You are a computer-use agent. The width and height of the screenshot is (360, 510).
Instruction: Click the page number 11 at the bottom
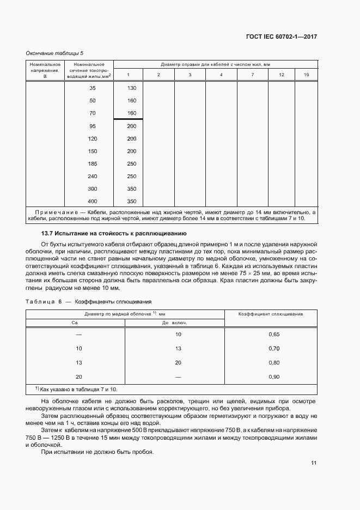pyautogui.click(x=314, y=463)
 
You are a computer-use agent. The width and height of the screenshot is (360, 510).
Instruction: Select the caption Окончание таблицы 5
pyautogui.click(x=54, y=53)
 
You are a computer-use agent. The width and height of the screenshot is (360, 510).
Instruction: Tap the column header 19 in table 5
pyautogui.click(x=306, y=75)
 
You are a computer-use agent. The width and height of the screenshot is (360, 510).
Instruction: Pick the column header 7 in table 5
pyautogui.click(x=253, y=75)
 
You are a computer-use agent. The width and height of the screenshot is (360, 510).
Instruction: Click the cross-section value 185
pyautogui.click(x=92, y=163)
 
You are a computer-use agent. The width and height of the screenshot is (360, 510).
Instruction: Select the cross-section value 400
pyautogui.click(x=92, y=202)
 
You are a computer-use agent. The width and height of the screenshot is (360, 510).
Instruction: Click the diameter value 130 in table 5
pyautogui.click(x=131, y=88)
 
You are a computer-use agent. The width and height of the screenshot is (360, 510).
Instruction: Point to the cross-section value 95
pyautogui.click(x=92, y=126)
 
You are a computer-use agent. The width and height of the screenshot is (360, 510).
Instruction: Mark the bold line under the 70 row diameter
pyautogui.click(x=128, y=119)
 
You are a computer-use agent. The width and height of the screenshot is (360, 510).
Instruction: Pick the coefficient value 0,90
pyautogui.click(x=274, y=377)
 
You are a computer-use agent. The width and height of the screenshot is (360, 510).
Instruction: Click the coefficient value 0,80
pyautogui.click(x=274, y=362)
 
